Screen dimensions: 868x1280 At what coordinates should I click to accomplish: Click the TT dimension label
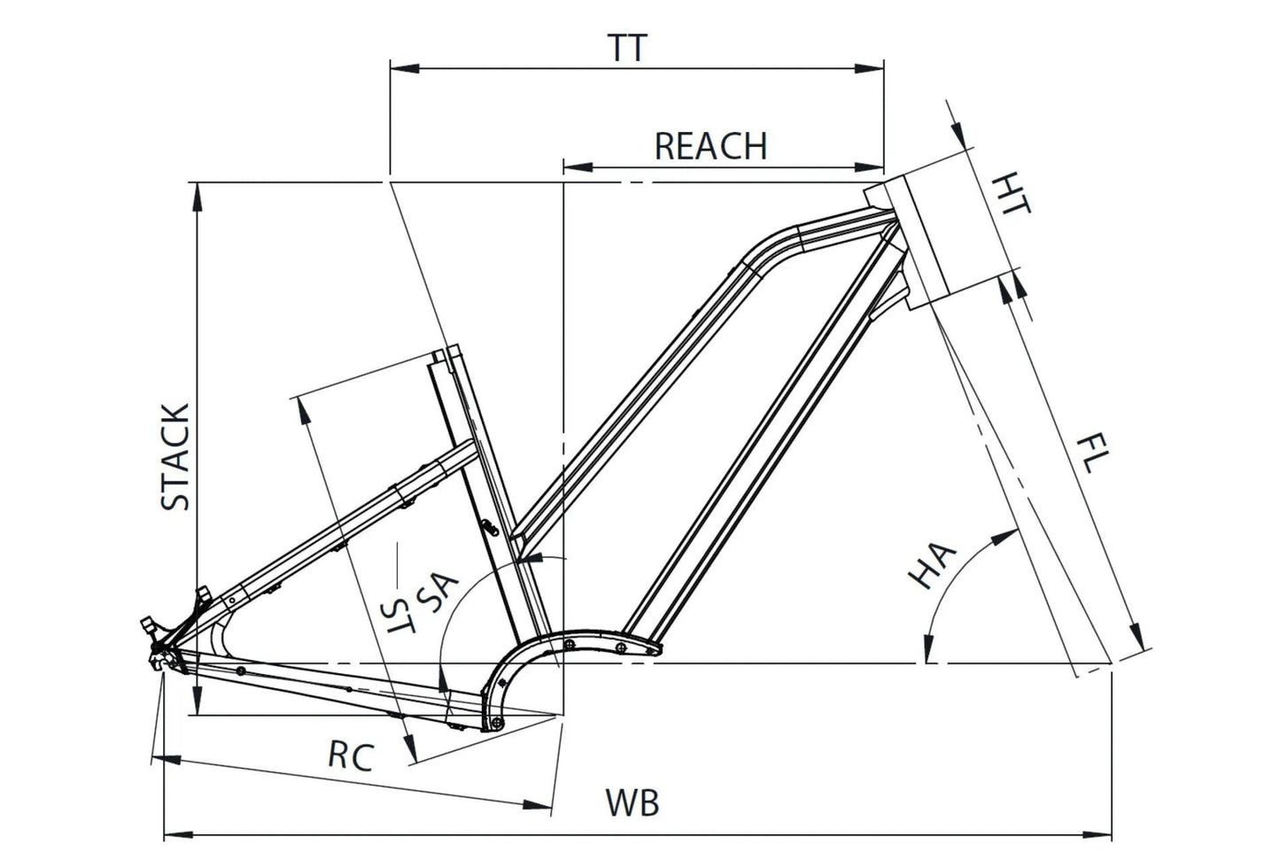coord(628,48)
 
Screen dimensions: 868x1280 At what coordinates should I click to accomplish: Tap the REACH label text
coord(710,146)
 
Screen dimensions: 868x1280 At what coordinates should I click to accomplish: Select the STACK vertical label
coord(175,457)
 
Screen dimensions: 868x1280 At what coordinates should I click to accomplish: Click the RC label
coord(351,756)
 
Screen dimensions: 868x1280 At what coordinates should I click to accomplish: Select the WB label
coord(632,803)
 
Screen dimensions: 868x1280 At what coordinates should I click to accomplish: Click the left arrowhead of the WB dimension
coord(174,833)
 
